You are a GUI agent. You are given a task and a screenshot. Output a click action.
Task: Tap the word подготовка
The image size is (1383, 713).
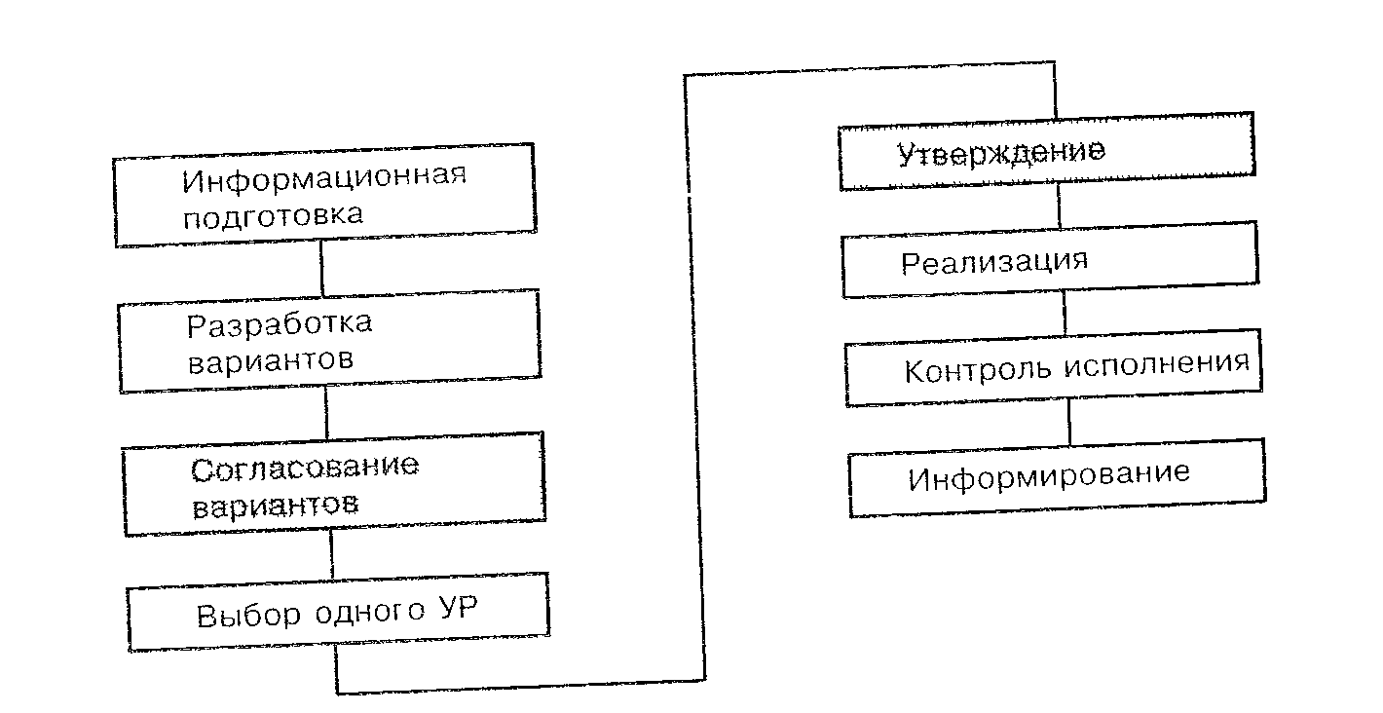[x=274, y=214]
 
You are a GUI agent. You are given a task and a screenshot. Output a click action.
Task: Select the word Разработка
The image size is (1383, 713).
[x=280, y=323]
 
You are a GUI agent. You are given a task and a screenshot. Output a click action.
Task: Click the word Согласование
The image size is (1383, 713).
[x=305, y=468]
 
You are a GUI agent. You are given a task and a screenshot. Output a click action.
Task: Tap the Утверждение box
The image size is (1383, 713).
[x=1046, y=153]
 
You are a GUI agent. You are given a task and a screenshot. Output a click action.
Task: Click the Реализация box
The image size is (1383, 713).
[x=1049, y=260]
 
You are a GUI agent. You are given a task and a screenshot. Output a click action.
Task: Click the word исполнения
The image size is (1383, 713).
[x=1155, y=364]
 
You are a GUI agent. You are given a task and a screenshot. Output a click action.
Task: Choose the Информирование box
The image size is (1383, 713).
[x=1056, y=477]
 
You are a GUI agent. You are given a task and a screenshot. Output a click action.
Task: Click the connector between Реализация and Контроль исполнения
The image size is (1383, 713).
[x=1065, y=316]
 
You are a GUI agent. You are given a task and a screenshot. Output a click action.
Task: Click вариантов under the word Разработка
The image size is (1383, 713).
[x=270, y=359]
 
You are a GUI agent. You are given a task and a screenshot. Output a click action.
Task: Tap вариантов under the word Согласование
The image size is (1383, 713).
[x=275, y=506]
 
